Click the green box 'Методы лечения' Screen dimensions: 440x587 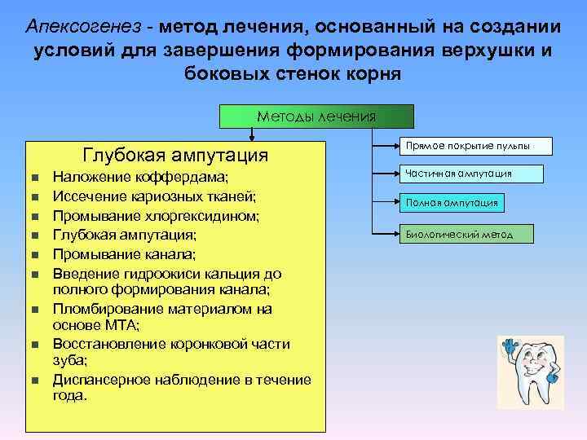click(316, 117)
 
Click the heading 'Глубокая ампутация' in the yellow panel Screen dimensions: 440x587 click(175, 155)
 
